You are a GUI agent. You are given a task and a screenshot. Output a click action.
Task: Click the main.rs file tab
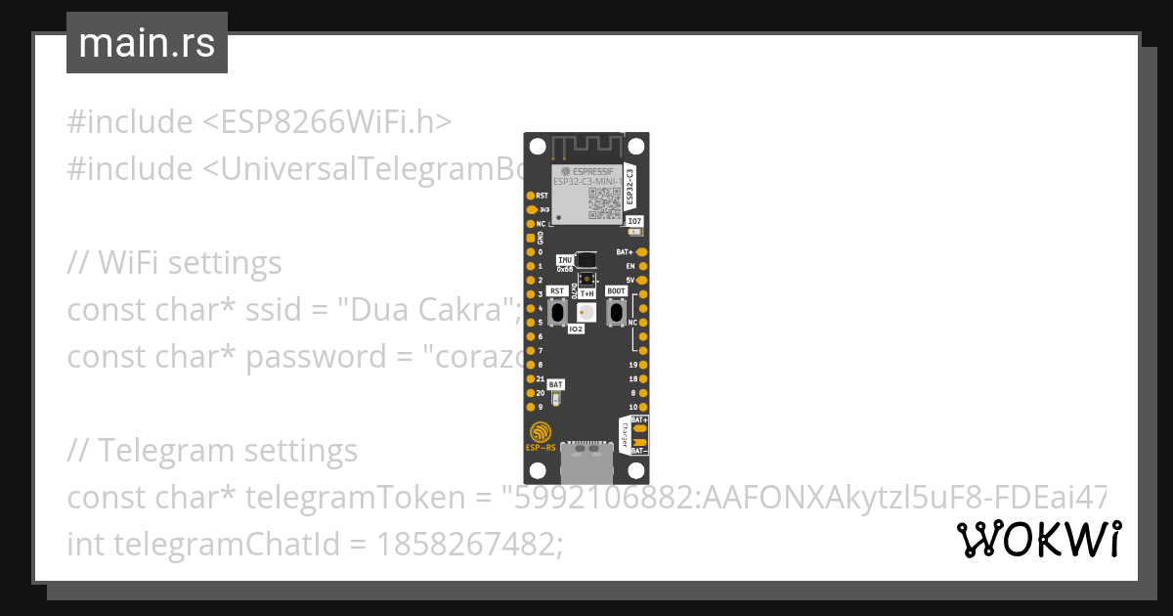tap(147, 43)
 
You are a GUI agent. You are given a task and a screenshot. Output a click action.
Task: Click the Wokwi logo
tap(1039, 539)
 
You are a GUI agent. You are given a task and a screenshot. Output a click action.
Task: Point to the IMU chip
tap(586, 260)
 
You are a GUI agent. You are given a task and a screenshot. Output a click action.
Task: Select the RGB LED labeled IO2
tap(586, 312)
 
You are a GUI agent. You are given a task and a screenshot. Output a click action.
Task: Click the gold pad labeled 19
tap(643, 365)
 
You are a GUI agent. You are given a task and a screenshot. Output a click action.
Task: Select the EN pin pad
tap(643, 266)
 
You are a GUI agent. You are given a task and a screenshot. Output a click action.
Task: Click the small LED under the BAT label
tap(556, 399)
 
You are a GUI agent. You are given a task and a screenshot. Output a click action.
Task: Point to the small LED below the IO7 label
tap(635, 232)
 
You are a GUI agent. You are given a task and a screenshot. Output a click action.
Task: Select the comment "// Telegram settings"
tap(212, 451)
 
